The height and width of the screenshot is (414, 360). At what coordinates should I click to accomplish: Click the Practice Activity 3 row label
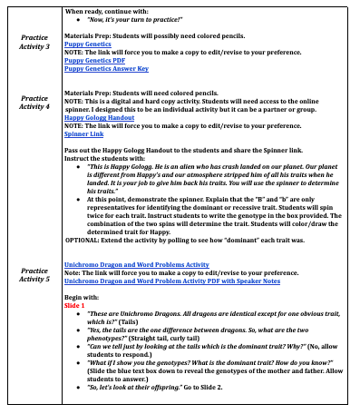pyautogui.click(x=34, y=42)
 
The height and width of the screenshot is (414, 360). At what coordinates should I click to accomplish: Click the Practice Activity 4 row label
pyautogui.click(x=34, y=102)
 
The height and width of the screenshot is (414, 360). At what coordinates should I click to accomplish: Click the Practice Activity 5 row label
pyautogui.click(x=34, y=273)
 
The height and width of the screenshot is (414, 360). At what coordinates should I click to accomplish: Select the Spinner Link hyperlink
pyautogui.click(x=83, y=133)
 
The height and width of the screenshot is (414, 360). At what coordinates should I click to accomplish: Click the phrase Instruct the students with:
pyautogui.click(x=105, y=158)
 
